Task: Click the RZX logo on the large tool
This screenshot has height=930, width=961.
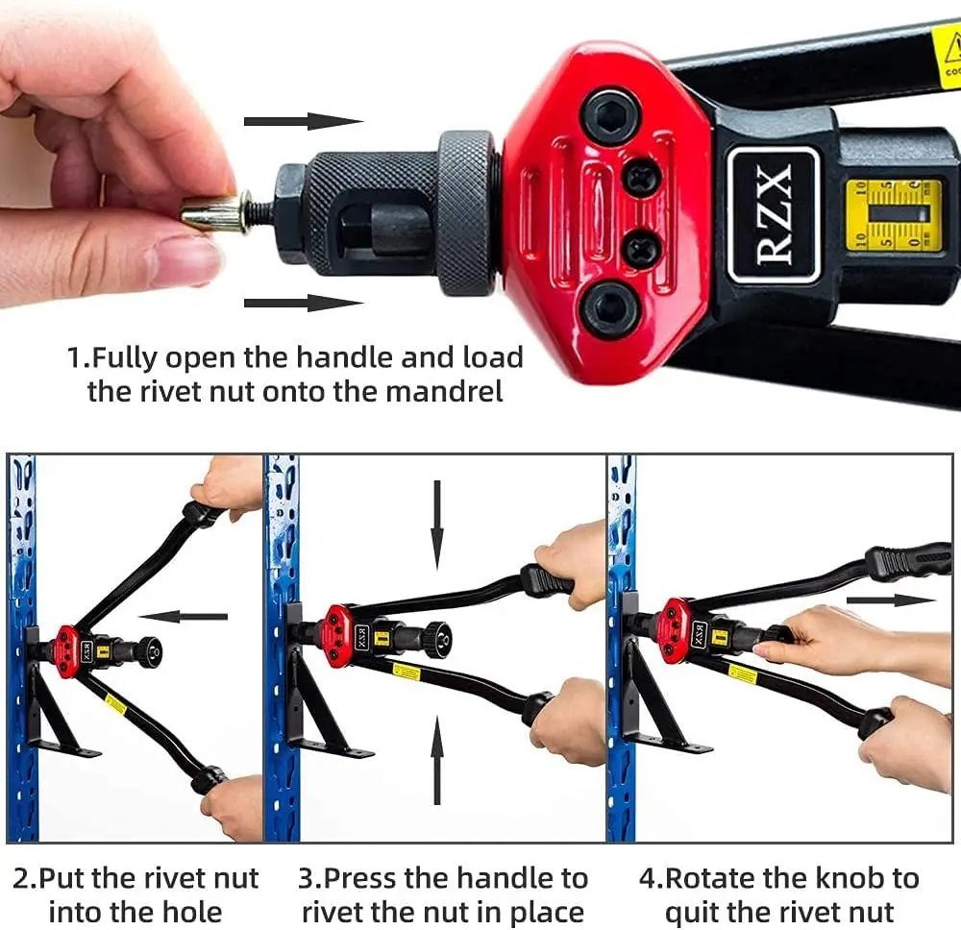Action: point(774,215)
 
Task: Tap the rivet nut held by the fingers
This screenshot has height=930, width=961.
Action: point(210,212)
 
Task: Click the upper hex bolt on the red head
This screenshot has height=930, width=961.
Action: point(612,116)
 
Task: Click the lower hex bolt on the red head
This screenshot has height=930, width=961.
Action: point(612,310)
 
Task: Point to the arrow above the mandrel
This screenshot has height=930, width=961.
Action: point(303,121)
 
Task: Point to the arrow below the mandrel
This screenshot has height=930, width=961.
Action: point(303,304)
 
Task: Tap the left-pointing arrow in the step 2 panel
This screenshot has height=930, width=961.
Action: point(183,616)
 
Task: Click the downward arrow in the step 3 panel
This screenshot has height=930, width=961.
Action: point(437,524)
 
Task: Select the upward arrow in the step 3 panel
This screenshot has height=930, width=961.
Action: point(437,759)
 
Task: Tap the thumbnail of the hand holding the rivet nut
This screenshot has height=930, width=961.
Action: point(115,154)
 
